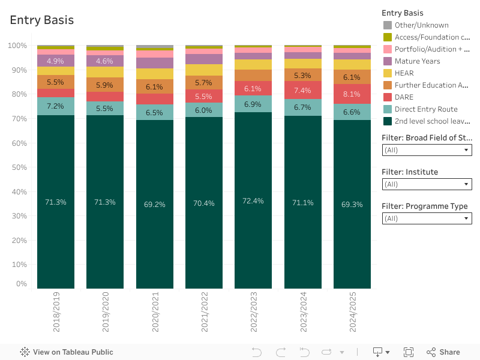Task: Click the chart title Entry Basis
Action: click(42, 20)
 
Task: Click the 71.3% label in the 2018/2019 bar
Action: click(55, 202)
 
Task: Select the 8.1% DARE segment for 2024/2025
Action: click(352, 94)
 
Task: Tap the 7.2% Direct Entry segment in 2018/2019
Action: click(55, 106)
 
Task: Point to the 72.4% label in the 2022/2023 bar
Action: click(253, 201)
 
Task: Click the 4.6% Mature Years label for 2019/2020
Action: click(104, 61)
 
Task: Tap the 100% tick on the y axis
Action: click(17, 46)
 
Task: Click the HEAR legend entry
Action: click(404, 73)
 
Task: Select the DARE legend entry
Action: click(404, 97)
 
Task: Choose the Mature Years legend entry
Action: click(417, 61)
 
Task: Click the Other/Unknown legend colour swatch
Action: click(388, 25)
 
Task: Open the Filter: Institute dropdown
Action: click(427, 184)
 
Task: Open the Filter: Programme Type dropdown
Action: click(427, 218)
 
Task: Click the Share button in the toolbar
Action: click(443, 352)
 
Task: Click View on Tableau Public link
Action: click(67, 352)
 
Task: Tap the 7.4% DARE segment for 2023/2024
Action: click(302, 91)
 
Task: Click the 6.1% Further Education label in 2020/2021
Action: click(154, 87)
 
